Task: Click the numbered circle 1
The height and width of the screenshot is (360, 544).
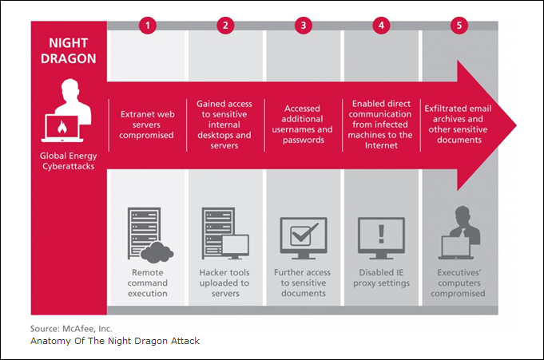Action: (148, 25)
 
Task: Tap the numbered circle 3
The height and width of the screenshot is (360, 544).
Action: (304, 25)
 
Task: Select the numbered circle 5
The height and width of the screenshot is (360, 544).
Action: (459, 25)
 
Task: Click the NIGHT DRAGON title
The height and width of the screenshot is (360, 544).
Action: (69, 50)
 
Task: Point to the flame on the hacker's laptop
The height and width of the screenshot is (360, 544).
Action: (62, 127)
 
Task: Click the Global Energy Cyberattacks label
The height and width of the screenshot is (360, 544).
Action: (69, 161)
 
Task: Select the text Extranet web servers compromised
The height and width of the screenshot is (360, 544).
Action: (147, 125)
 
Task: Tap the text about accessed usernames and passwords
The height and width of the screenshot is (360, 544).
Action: (303, 125)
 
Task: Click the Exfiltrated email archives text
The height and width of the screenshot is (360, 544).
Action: (459, 125)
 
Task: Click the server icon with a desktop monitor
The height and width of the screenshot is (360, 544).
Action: (225, 233)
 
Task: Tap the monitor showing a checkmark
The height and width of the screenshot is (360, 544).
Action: (304, 238)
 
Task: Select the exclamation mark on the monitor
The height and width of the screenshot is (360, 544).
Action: (381, 234)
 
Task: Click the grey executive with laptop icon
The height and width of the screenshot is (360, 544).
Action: (459, 233)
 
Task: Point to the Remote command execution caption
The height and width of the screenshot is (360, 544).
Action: (148, 283)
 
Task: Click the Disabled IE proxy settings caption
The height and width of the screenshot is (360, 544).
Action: (381, 278)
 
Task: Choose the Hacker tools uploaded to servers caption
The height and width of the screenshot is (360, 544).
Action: (224, 283)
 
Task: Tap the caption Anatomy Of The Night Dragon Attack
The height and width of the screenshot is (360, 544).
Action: (115, 341)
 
